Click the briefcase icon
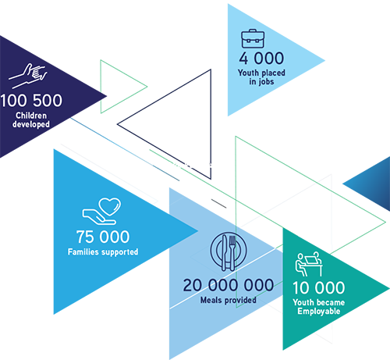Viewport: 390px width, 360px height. tap(253, 38)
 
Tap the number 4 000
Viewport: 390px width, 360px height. tap(261, 59)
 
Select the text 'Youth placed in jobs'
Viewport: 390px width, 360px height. tap(261, 77)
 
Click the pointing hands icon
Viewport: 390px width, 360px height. tap(28, 76)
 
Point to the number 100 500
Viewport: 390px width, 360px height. tap(31, 101)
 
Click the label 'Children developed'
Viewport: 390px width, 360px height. tap(31, 119)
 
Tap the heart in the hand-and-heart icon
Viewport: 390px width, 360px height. tap(110, 206)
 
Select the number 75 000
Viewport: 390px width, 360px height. tap(103, 237)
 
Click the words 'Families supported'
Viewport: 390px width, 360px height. tap(103, 251)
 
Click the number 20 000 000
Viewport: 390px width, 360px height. tap(229, 285)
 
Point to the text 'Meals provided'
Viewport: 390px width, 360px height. tap(229, 300)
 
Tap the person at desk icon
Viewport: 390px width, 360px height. tap(309, 264)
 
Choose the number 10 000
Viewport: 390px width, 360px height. tap(319, 288)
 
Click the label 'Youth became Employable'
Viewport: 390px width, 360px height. tap(319, 307)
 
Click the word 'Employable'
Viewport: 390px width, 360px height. tap(319, 312)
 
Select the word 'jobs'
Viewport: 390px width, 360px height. tap(265, 82)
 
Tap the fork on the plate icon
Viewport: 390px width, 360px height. tap(232, 252)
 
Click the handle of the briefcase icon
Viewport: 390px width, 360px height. tap(253, 30)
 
